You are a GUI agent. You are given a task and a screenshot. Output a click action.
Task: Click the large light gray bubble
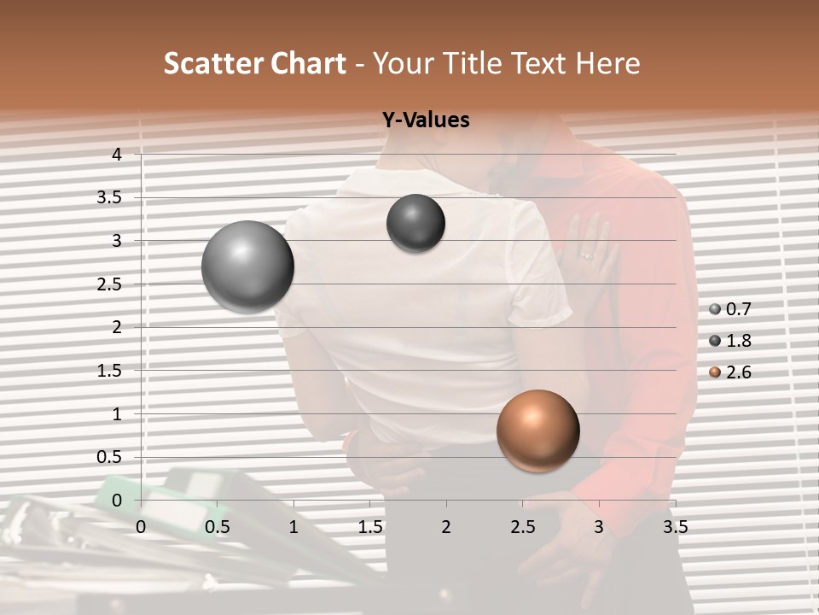(x=247, y=266)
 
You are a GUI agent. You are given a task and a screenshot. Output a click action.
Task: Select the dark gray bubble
(x=415, y=223)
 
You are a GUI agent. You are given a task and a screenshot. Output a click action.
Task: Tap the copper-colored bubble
(x=537, y=430)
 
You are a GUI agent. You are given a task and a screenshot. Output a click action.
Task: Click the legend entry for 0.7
(x=730, y=309)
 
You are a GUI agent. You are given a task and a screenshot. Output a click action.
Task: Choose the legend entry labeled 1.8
(x=730, y=341)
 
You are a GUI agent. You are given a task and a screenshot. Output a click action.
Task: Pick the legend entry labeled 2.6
(x=730, y=372)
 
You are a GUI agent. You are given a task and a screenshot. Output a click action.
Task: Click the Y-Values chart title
(x=425, y=120)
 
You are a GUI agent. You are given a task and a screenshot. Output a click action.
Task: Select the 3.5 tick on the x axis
(x=675, y=527)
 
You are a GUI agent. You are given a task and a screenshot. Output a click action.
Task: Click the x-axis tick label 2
(x=445, y=527)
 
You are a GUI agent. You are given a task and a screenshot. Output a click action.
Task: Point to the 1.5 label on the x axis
(x=369, y=527)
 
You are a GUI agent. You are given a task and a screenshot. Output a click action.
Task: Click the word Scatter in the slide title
(x=212, y=63)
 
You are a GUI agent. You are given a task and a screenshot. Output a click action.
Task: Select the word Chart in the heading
(x=308, y=63)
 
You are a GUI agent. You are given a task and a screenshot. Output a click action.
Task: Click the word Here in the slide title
(x=608, y=63)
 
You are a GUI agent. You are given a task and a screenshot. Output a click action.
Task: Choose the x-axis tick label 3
(x=598, y=527)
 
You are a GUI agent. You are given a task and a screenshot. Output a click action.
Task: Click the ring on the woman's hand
(x=585, y=255)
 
